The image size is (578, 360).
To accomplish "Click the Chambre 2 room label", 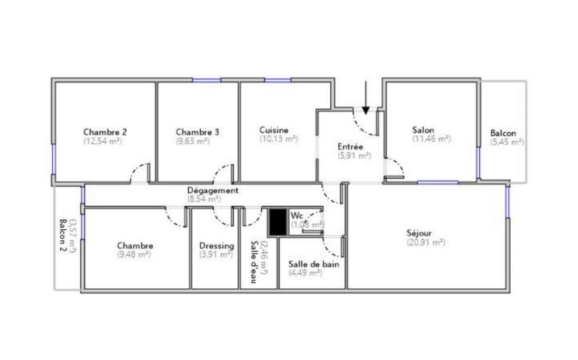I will point(105,132).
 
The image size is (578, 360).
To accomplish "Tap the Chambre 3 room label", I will point(197,132).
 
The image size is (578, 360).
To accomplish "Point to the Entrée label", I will point(355,147).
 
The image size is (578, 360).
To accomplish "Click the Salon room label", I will point(423,130).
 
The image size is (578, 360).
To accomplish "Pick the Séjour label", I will point(420,233).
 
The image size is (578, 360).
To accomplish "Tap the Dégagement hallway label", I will point(212,190).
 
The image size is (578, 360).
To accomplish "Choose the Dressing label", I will point(216,246).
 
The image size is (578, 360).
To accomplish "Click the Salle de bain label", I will point(314,264).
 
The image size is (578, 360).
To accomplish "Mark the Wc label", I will point(296,215).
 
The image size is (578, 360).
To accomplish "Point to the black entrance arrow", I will point(366,99).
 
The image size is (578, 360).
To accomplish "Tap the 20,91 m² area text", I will point(426,242).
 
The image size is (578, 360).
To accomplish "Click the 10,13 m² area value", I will point(278,139).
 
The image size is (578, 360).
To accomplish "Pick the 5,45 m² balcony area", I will point(506,142).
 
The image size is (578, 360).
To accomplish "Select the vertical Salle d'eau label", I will point(254,262).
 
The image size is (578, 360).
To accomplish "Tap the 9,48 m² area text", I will point(134,254).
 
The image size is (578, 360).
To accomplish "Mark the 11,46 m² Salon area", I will point(431,139).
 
